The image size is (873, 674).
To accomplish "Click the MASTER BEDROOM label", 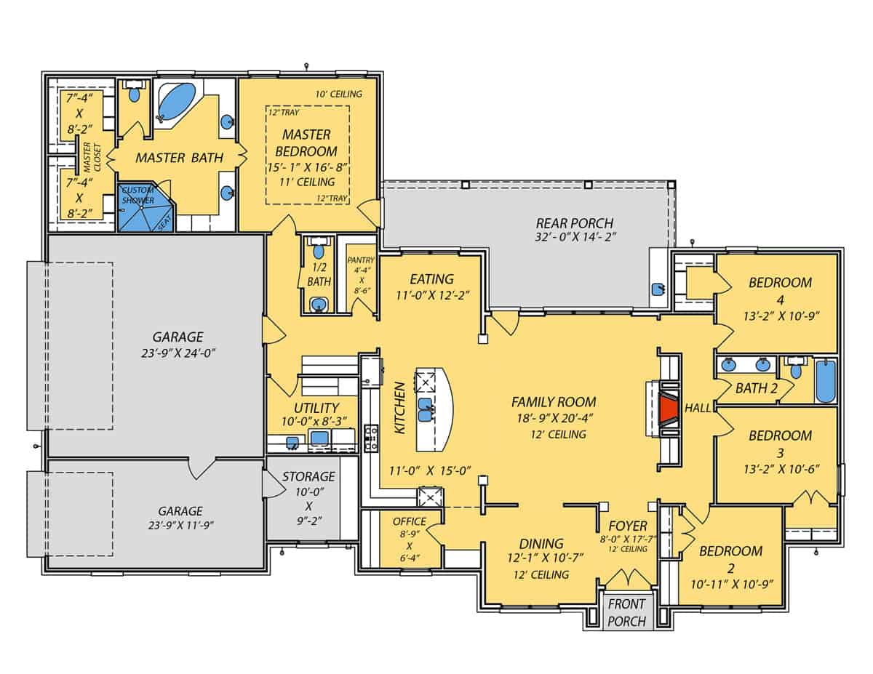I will [x=306, y=143].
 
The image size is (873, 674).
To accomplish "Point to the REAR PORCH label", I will [x=574, y=223].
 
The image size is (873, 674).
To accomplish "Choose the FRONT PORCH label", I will [x=626, y=612].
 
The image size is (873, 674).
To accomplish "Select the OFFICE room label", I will [x=409, y=521].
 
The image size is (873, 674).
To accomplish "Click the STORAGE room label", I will [x=308, y=477].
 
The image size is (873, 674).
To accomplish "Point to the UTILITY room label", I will [x=316, y=409].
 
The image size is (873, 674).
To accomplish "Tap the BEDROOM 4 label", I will [x=780, y=282].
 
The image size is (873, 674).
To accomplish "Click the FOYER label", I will [x=628, y=526].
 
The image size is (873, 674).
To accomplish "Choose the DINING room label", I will [x=541, y=544].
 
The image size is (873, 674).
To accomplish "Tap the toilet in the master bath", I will [x=135, y=95].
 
